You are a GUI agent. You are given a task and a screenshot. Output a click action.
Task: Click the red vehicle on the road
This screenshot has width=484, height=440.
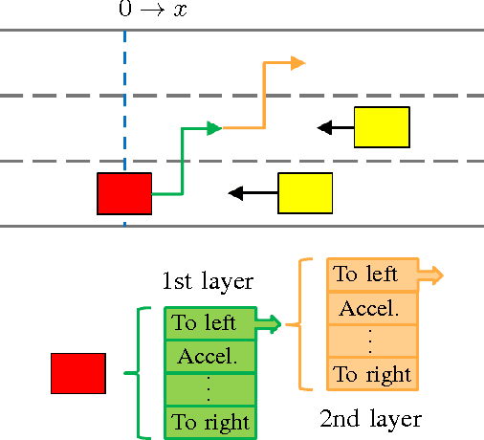point(124,194)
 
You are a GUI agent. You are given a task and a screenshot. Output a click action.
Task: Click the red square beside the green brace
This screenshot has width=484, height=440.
point(77,373)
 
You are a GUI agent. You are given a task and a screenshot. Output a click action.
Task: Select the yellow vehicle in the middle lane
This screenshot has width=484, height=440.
point(382,127)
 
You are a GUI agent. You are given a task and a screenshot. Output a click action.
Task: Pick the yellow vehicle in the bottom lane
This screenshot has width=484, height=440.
point(305,193)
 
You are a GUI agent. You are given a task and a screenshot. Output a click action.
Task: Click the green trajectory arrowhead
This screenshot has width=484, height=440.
point(215,127)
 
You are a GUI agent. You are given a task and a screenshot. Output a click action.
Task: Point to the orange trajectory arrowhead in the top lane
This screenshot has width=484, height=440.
point(297,63)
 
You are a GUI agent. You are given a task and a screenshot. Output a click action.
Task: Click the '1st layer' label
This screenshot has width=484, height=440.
point(207,281)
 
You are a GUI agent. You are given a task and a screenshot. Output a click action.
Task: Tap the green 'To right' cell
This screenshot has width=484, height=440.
point(211,422)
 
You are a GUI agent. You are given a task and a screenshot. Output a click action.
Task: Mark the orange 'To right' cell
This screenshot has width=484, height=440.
point(372,373)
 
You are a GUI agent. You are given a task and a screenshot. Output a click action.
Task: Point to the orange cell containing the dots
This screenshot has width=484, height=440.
point(372,341)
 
